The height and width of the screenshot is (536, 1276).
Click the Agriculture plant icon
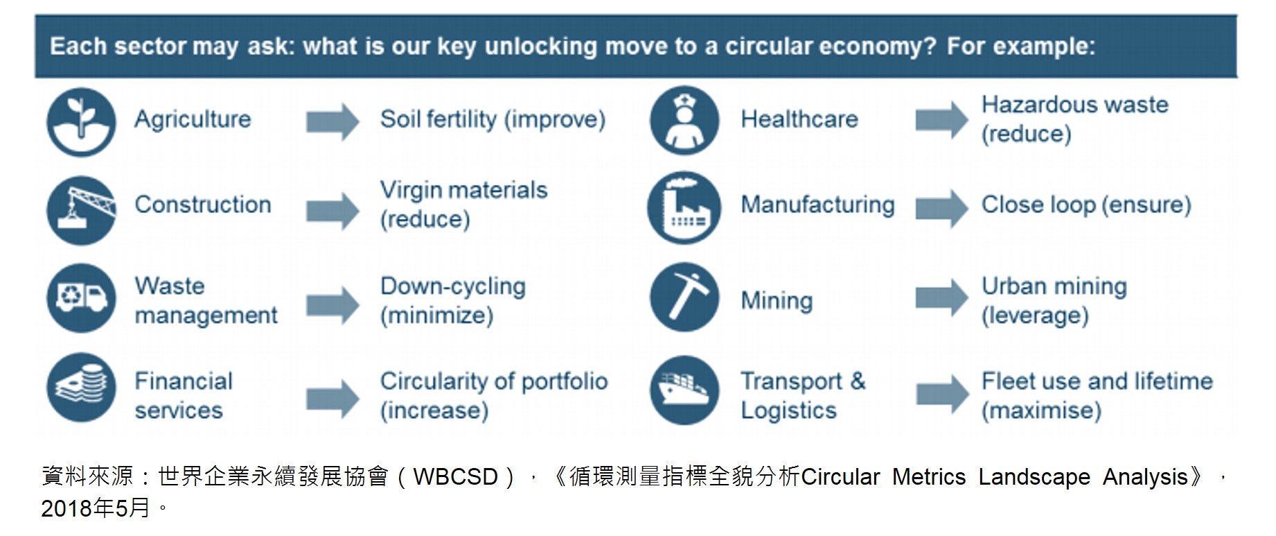(81, 121)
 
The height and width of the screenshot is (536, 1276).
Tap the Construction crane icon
(81, 210)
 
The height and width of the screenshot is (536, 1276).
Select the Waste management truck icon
(81, 298)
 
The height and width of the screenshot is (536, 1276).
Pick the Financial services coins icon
(81, 388)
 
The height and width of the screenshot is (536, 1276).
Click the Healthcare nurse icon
(684, 121)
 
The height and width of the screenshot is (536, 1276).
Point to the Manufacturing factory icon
(684, 207)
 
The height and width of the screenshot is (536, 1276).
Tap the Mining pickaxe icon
(684, 297)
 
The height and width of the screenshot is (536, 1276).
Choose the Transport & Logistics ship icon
(684, 390)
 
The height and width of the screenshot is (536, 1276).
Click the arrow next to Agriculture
(333, 122)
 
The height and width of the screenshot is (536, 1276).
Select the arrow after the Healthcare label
(942, 120)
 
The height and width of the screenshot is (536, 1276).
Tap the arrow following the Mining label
(942, 297)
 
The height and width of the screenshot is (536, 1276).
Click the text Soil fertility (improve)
(493, 119)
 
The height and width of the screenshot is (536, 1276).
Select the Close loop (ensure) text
(1086, 205)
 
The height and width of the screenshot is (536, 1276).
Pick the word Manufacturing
(817, 205)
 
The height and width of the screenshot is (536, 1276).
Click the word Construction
(203, 205)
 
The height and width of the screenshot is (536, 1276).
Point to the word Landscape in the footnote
(1034, 477)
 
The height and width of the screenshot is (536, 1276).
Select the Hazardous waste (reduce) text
(1074, 119)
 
